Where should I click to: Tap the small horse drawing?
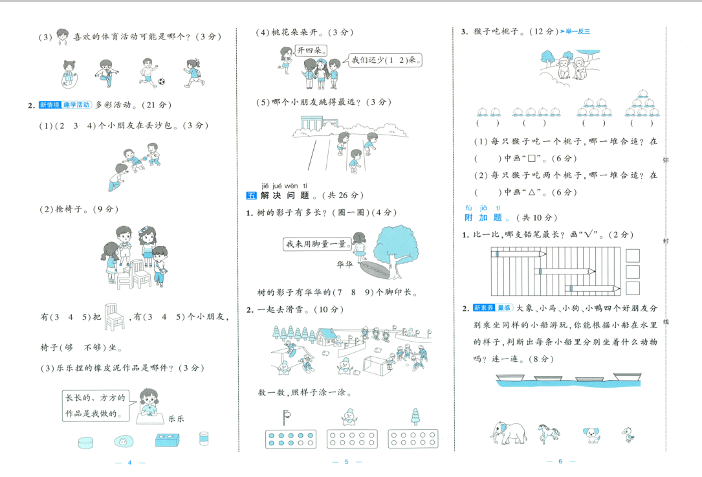pyautogui.click(x=549, y=432)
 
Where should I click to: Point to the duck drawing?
pyautogui.click(x=627, y=434)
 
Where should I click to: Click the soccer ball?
pyautogui.click(x=161, y=82)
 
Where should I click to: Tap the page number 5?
pyautogui.click(x=346, y=462)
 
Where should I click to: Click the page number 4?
pyautogui.click(x=129, y=462)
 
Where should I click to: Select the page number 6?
pyautogui.click(x=560, y=461)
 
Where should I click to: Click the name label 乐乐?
pyautogui.click(x=175, y=419)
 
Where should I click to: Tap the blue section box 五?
pyautogui.click(x=252, y=195)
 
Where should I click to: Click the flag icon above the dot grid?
pyautogui.click(x=287, y=416)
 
